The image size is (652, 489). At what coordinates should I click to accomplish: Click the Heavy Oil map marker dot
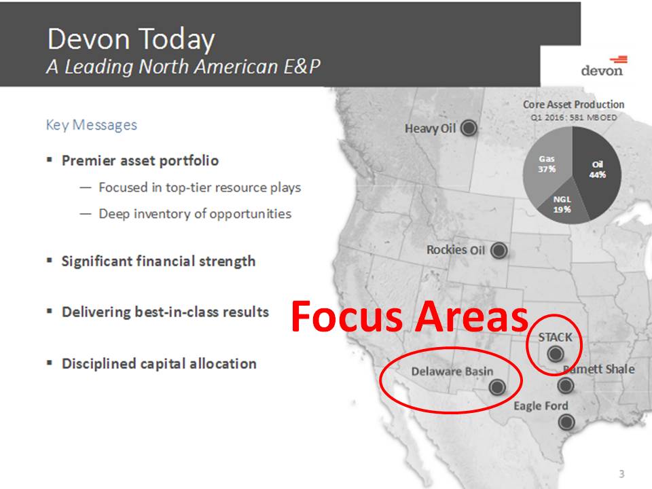pos(467,128)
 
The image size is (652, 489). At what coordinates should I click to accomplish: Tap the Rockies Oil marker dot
pos(499,251)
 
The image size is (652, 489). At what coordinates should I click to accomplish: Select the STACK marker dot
pos(555,353)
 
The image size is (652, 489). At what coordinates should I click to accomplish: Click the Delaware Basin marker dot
pos(496,386)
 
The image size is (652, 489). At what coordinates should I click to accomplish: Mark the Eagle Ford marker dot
pos(565,422)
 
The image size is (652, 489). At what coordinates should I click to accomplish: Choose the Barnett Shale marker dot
pos(565,386)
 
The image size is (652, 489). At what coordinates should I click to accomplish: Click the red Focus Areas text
pos(409,316)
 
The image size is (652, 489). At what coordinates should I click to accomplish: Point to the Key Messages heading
pos(91,125)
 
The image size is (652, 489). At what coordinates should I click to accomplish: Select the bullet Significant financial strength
pos(158,261)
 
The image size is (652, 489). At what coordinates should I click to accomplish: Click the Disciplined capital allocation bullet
pos(159,363)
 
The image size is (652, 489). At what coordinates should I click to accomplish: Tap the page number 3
pos(621,473)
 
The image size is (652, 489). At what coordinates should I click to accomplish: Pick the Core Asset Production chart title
pos(573,105)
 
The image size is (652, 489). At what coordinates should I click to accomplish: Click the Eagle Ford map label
pos(541,406)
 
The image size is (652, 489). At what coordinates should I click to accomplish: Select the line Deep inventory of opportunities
pos(194,213)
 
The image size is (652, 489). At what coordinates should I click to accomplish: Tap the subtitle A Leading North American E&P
pos(183,67)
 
